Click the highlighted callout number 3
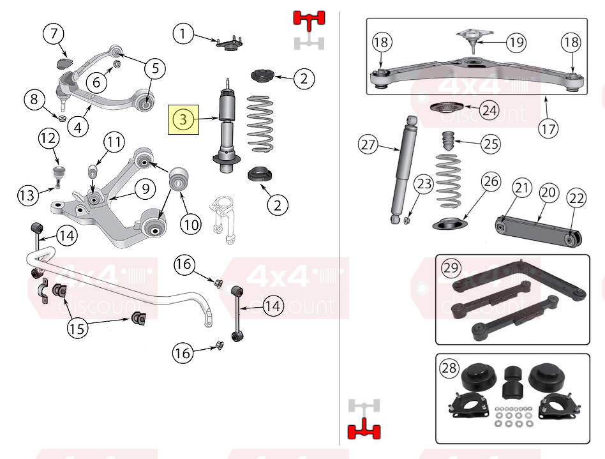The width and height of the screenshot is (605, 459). [x=183, y=119]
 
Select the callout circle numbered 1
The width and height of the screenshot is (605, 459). [x=183, y=34]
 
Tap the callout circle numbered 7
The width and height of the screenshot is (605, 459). [x=53, y=34]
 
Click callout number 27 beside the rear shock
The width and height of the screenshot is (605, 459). [x=368, y=144]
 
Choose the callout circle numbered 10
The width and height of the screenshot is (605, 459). [x=191, y=224]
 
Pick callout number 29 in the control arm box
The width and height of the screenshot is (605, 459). [x=451, y=267]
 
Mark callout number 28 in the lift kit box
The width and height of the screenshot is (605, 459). [x=449, y=368]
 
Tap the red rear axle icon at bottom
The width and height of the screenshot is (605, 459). [x=364, y=428]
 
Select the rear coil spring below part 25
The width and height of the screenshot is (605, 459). [x=449, y=181]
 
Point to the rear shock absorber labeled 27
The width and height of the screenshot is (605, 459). [x=403, y=169]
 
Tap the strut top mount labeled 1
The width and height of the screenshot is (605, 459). [x=229, y=43]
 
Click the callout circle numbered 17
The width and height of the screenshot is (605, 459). [x=549, y=128]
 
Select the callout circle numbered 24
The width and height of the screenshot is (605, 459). [x=489, y=110]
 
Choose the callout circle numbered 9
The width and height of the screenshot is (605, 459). [x=145, y=189]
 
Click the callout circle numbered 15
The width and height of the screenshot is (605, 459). [x=77, y=329]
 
